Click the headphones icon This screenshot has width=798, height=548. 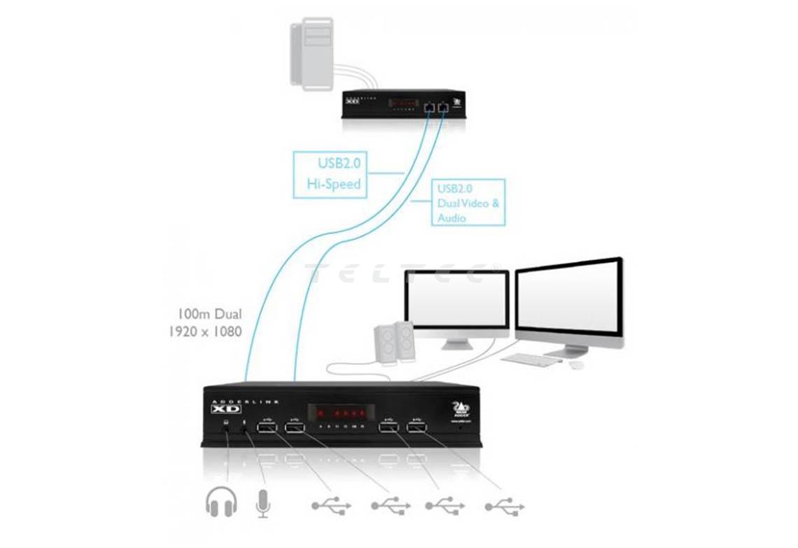tap(222, 502)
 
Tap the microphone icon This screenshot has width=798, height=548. tap(263, 502)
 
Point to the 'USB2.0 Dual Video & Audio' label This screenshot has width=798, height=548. tap(468, 202)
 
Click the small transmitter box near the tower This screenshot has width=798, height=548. tap(402, 104)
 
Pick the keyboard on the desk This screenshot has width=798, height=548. tap(531, 359)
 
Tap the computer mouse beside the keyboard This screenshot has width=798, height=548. tap(576, 365)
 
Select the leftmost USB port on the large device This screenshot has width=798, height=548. tap(267, 428)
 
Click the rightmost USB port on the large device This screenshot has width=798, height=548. tap(419, 427)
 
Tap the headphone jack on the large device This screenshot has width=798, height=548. tap(227, 429)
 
